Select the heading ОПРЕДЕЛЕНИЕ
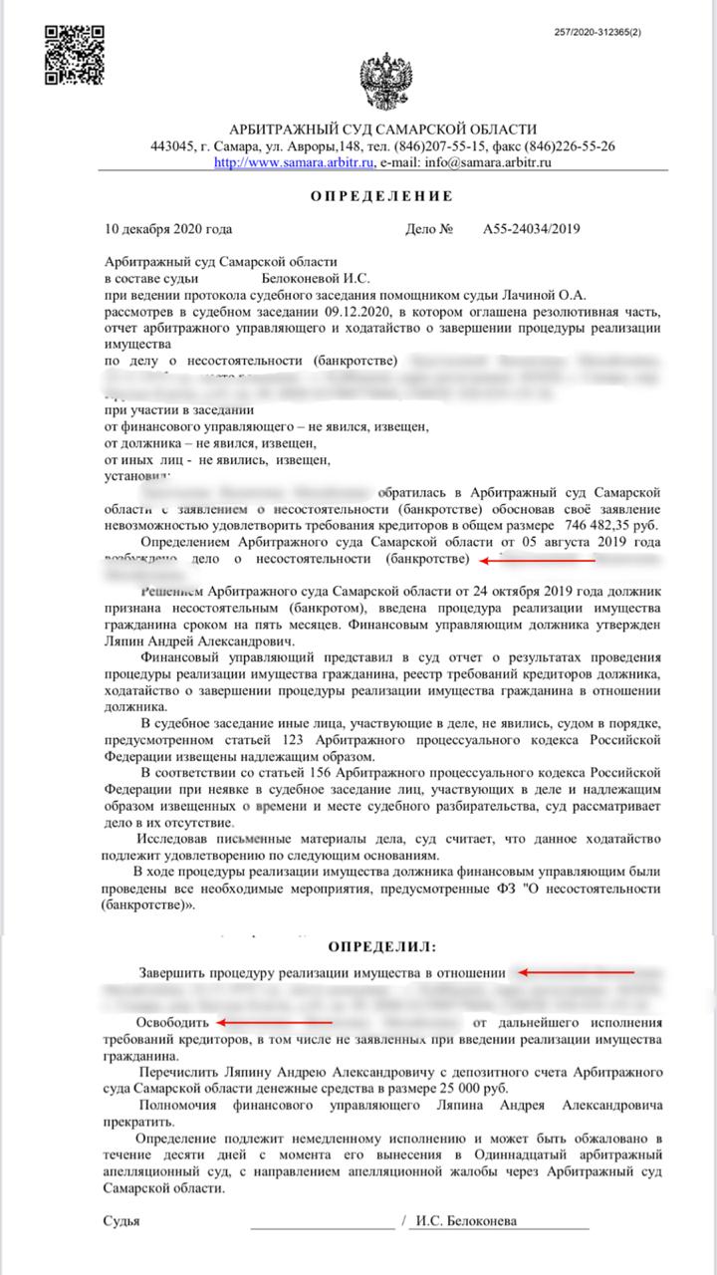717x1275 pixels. (x=381, y=195)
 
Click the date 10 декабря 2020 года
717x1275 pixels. (x=168, y=228)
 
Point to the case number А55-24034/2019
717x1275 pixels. (x=532, y=228)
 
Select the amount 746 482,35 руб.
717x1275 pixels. (x=609, y=525)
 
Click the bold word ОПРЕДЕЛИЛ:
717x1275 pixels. (x=382, y=944)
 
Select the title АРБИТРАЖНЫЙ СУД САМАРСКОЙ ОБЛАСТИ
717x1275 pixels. (x=382, y=129)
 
